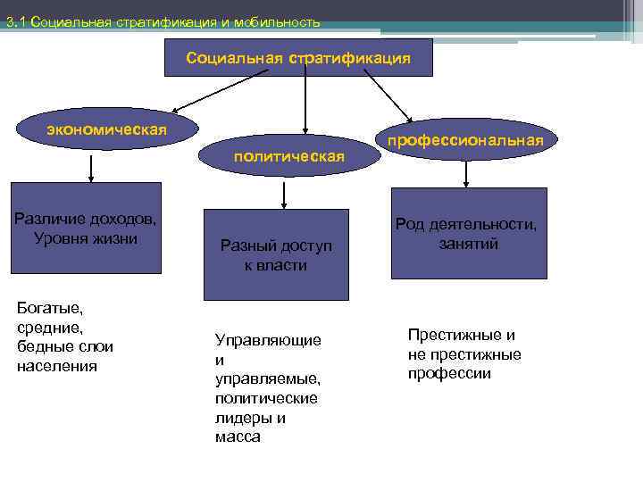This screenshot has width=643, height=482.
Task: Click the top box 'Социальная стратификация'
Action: pyautogui.click(x=298, y=57)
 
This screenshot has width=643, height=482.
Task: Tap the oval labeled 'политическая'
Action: pyautogui.click(x=288, y=156)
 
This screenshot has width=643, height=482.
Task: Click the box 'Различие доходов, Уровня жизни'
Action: pyautogui.click(x=85, y=228)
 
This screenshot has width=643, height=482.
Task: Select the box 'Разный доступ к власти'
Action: pyautogui.click(x=275, y=254)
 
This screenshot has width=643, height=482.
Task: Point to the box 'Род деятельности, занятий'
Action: pyautogui.click(x=468, y=233)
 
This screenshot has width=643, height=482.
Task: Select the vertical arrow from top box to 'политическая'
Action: pyautogui.click(x=305, y=103)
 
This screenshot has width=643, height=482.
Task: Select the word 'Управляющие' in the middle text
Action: pyautogui.click(x=268, y=340)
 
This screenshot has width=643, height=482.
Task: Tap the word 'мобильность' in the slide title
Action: pyautogui.click(x=280, y=22)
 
